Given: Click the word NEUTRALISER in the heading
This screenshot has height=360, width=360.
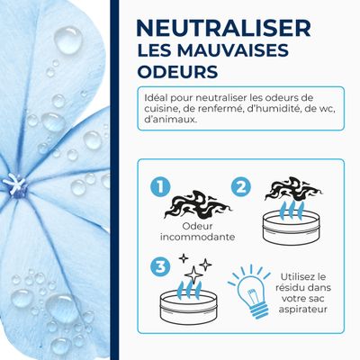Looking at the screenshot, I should coord(224,27).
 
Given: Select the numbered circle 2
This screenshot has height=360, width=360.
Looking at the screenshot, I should coord(240,186).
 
